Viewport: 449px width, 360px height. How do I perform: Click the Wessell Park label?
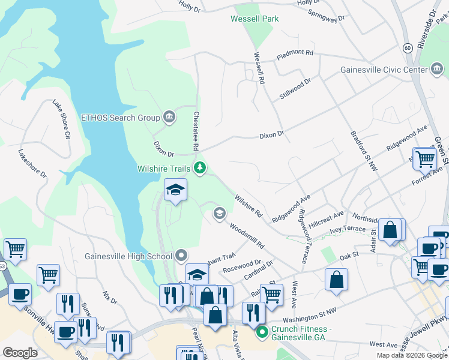[255, 19]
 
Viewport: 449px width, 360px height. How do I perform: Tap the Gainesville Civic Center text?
[383, 70]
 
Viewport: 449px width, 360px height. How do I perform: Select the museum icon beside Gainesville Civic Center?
[436, 70]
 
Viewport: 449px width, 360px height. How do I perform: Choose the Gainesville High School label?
[128, 256]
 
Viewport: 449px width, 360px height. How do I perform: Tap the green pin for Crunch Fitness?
[261, 332]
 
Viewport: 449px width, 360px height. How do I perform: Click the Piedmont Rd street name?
[295, 54]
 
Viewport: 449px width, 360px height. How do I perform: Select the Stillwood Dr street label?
[295, 89]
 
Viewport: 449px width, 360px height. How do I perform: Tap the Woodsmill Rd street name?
[247, 237]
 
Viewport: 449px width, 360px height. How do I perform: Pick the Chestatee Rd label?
[196, 130]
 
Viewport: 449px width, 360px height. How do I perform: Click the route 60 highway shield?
[407, 47]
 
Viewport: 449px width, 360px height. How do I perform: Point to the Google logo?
[20, 353]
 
